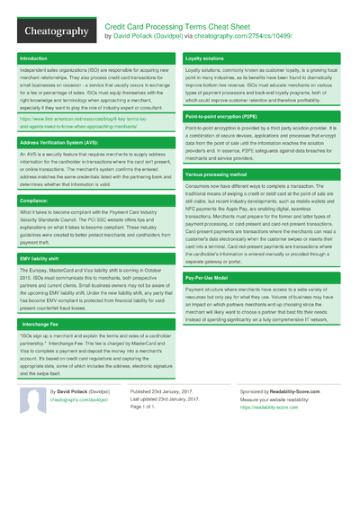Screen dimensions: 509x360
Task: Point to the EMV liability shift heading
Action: pos(41,259)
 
